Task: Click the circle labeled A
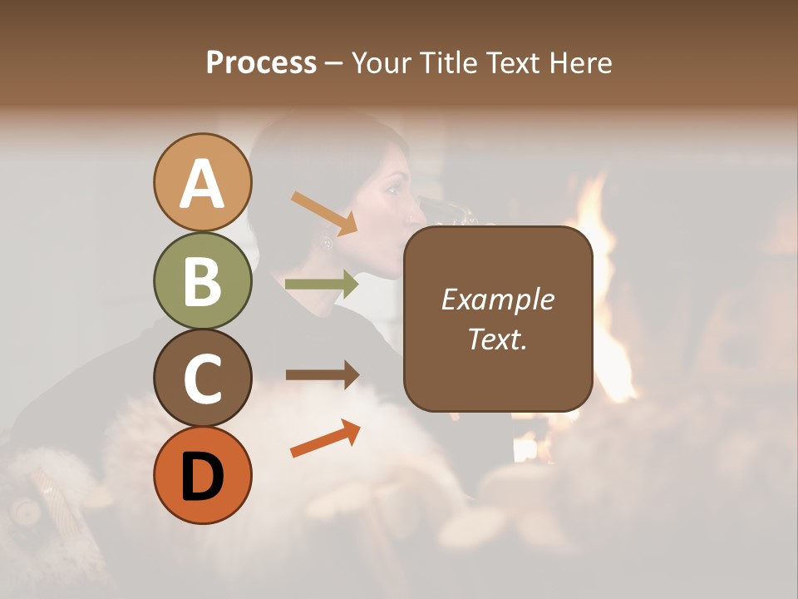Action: pos(202,182)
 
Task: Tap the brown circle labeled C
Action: pos(202,378)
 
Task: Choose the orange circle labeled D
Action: pos(202,475)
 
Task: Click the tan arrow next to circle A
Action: pos(323,212)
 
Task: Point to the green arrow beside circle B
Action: pos(322,285)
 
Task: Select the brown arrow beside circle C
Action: pos(322,374)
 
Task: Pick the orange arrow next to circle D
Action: pos(325,438)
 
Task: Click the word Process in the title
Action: pos(261,62)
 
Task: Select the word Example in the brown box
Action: pos(497,299)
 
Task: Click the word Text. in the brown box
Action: pos(497,339)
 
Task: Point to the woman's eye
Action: pos(391,189)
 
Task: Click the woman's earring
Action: pos(327,242)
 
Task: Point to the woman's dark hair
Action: pos(299,166)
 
